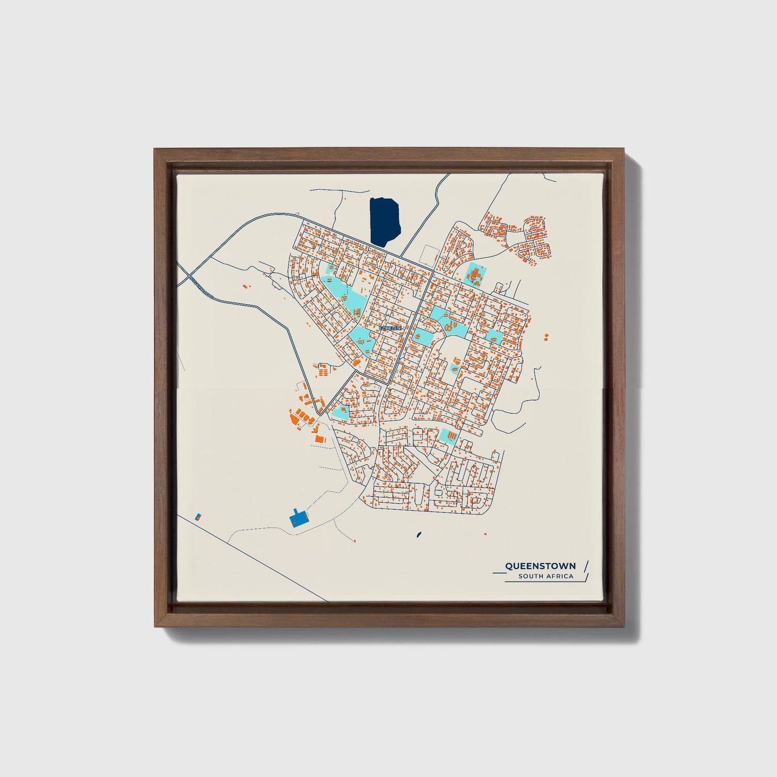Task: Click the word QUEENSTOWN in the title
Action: tap(540, 566)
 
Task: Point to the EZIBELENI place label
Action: tap(390, 327)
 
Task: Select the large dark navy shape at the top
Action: tap(384, 221)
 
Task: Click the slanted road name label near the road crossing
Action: tap(202, 287)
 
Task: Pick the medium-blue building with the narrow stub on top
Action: tap(297, 517)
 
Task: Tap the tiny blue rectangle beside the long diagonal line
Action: tap(198, 517)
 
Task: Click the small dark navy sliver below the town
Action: tap(418, 535)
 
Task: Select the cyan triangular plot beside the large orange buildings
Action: tap(340, 413)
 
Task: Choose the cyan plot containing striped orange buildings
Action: tap(447, 434)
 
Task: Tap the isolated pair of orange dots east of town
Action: tap(546, 337)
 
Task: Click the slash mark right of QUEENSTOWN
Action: tap(586, 566)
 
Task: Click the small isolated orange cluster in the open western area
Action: tap(246, 286)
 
